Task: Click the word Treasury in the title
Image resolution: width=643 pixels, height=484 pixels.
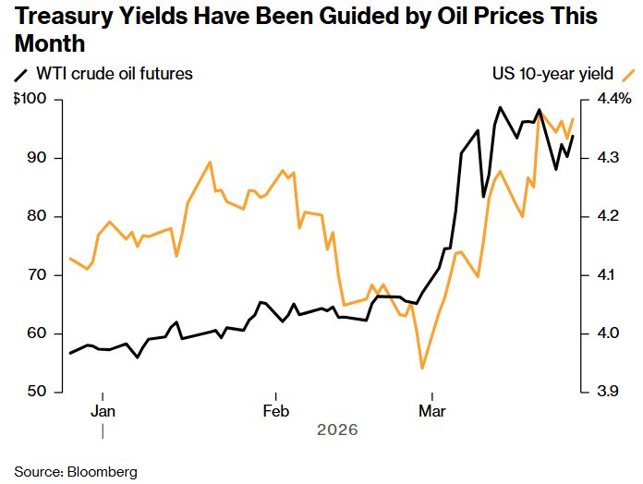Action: [x=62, y=17]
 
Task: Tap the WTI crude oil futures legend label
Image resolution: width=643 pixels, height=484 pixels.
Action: [x=115, y=74]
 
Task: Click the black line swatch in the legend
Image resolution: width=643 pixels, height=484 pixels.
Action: [x=21, y=74]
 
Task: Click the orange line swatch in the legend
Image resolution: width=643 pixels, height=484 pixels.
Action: [x=628, y=74]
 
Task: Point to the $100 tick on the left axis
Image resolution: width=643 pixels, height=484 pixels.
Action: [x=30, y=99]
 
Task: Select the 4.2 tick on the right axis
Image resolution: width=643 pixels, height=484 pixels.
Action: [x=611, y=216]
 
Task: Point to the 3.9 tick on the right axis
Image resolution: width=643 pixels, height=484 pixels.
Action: [x=611, y=393]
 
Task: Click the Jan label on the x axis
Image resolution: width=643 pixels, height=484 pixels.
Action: [x=103, y=410]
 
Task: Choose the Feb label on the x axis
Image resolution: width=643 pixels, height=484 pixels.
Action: [x=275, y=410]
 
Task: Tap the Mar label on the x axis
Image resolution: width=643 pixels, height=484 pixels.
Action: [x=429, y=410]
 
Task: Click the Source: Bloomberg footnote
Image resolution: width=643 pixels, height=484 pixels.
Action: [x=76, y=472]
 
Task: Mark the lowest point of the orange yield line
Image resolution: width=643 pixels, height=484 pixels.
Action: [x=422, y=369]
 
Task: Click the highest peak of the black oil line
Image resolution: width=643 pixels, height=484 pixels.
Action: [x=500, y=107]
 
